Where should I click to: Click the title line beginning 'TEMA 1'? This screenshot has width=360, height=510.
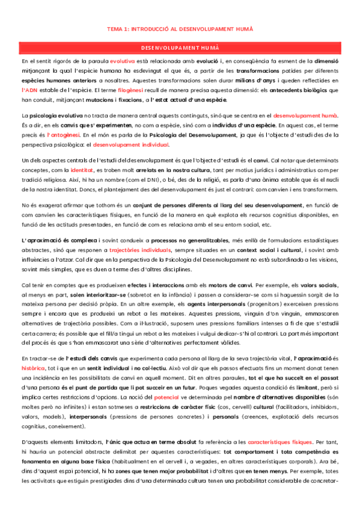[180, 29]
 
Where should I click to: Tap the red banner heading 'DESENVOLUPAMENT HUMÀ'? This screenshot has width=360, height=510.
[180, 47]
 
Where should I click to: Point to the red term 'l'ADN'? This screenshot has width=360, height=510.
[31, 89]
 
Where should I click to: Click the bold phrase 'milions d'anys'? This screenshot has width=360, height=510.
[237, 79]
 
